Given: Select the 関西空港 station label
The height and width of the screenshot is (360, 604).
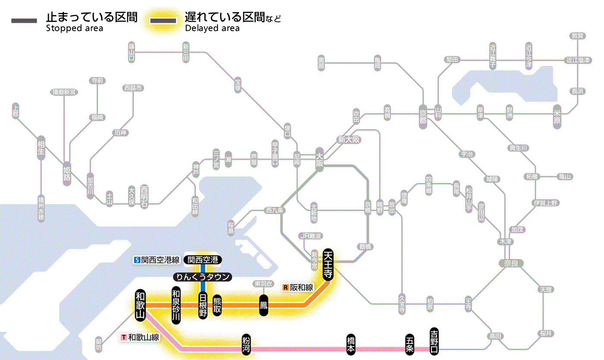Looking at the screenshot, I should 203,259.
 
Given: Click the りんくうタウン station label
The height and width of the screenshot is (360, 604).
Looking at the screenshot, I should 202,277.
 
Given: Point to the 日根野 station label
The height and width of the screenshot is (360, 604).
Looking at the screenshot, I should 203,305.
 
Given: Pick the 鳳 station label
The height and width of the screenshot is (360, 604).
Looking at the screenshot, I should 263,305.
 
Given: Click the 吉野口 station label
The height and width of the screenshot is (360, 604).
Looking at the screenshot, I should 434,340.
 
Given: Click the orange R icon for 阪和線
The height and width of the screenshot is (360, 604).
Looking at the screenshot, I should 286,287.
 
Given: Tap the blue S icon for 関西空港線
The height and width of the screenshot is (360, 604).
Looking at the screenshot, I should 137,260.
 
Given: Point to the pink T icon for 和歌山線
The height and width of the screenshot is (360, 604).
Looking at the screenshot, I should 124,337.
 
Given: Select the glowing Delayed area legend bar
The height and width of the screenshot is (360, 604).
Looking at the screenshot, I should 163,21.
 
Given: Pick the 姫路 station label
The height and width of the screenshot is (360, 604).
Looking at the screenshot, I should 67,173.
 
